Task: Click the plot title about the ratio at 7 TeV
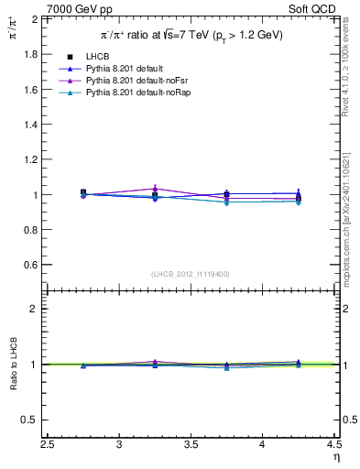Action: point(191,35)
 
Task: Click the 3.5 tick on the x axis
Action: point(191,445)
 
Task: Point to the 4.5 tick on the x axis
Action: point(333,445)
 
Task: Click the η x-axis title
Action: point(335,457)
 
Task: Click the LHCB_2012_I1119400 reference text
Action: point(191,274)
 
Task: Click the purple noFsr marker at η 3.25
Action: point(155,189)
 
